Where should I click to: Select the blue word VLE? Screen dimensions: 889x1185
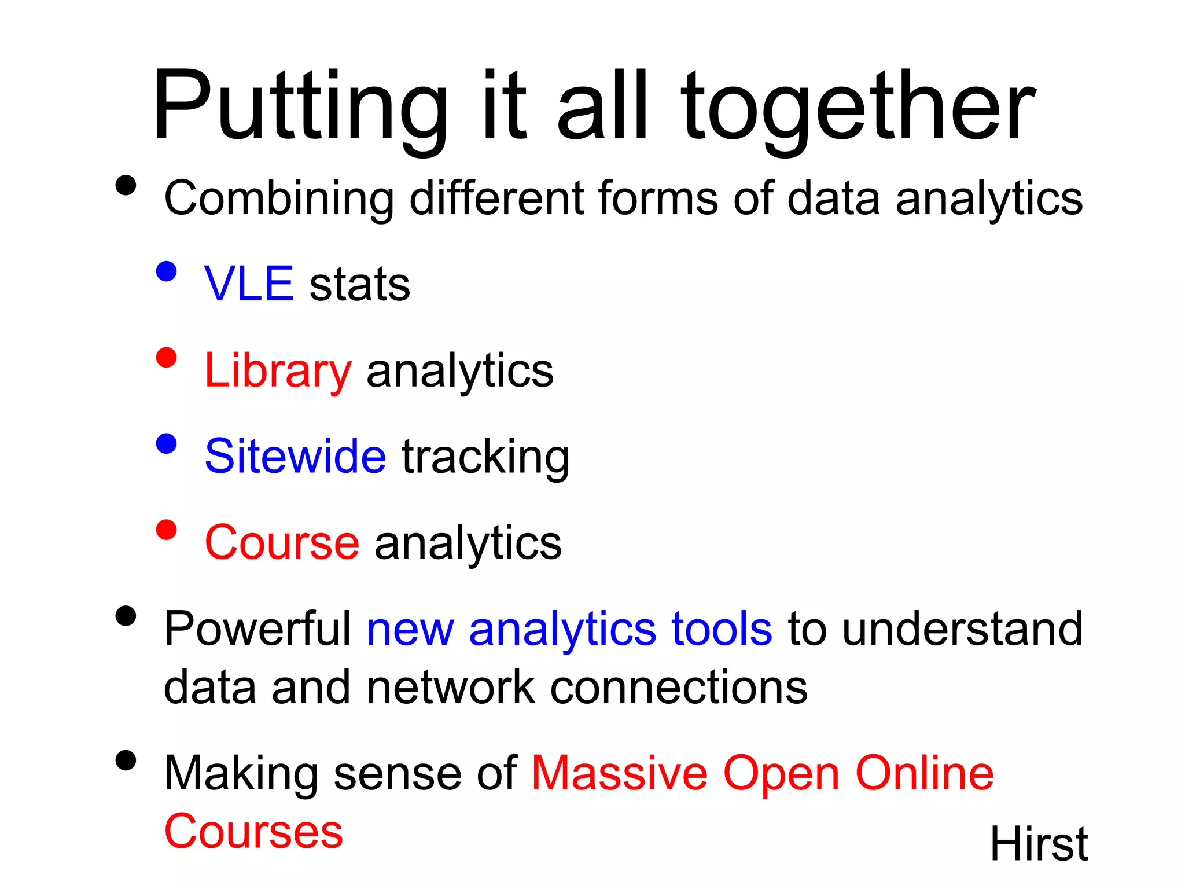(249, 284)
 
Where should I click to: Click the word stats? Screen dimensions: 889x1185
(360, 285)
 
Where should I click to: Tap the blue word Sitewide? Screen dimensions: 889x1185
(295, 456)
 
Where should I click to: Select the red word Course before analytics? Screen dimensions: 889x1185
(282, 542)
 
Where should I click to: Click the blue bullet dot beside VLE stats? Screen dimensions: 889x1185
(166, 271)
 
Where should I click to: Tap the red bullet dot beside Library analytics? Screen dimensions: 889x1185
(166, 357)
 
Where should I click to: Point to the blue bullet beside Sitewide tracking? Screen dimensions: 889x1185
(166, 444)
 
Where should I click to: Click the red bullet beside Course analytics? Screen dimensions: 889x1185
(166, 530)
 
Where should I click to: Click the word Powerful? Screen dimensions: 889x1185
(257, 629)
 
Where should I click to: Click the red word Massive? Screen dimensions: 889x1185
(619, 773)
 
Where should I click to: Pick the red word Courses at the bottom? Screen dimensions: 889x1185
(253, 832)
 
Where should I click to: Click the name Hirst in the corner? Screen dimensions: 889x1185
(1039, 844)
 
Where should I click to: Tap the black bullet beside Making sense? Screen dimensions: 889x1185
(126, 760)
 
